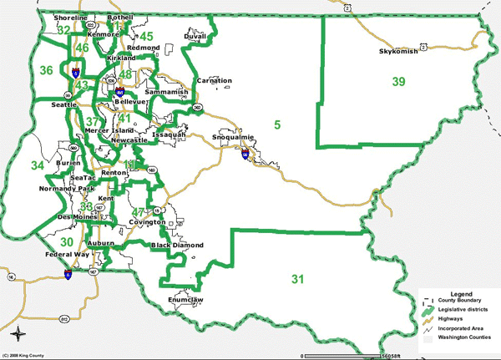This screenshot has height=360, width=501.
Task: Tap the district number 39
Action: [399, 81]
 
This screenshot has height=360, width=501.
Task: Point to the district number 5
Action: [276, 125]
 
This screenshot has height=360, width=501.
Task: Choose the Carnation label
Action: [213, 80]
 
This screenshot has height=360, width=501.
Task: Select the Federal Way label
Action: [69, 252]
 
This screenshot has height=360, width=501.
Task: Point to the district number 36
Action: [47, 70]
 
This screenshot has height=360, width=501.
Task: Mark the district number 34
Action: [38, 165]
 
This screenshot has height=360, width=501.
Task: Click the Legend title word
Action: [461, 296]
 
